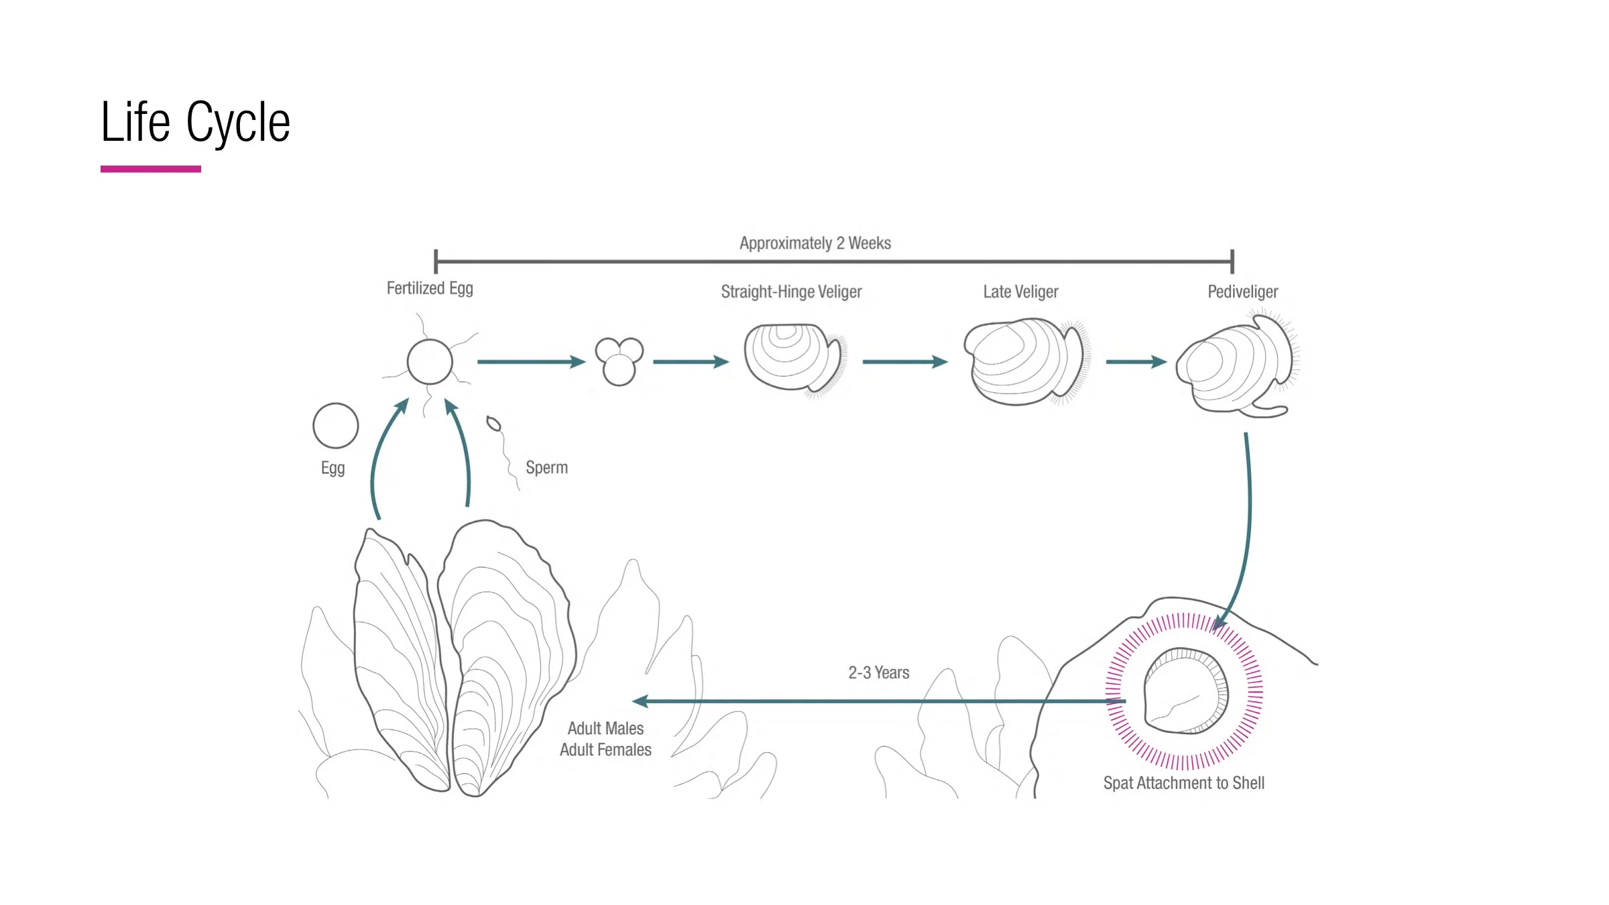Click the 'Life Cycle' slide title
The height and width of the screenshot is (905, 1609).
click(195, 122)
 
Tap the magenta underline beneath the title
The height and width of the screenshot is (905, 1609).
click(151, 169)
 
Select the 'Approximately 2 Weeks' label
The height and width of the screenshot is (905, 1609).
click(815, 243)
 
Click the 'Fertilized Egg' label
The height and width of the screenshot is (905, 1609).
click(430, 288)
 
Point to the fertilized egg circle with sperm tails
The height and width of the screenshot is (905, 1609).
click(430, 362)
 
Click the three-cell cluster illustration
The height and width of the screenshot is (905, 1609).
click(619, 361)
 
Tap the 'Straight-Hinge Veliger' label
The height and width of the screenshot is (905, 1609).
click(791, 292)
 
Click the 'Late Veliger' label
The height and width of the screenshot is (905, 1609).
click(1020, 292)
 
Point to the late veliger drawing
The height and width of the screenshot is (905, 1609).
click(1022, 362)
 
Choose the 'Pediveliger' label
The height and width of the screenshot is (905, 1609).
click(1242, 292)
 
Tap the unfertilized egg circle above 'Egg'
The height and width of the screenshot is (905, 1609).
click(336, 426)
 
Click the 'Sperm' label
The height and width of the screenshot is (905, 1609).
click(546, 467)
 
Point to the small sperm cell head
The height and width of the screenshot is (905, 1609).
click(493, 424)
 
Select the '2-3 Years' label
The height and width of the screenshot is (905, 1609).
click(878, 672)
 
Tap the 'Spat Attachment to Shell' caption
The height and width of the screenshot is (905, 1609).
click(1183, 783)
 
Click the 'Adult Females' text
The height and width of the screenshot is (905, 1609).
click(605, 749)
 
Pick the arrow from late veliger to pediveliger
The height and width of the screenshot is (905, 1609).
click(1136, 362)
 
